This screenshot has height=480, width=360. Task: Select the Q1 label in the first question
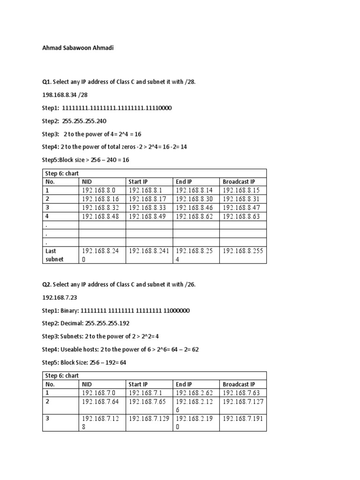[46, 82]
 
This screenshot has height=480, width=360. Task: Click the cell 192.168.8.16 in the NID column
[98, 199]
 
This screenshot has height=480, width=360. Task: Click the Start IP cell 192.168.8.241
[148, 251]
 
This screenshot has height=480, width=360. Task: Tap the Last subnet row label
[54, 255]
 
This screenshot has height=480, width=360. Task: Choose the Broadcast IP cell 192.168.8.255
[243, 251]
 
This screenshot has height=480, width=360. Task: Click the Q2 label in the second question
[46, 285]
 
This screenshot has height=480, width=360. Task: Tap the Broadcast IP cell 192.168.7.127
[243, 402]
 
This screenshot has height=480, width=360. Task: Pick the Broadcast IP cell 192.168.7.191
[243, 419]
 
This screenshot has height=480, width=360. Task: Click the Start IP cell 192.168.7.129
[148, 419]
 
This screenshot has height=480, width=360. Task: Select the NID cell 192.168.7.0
[98, 393]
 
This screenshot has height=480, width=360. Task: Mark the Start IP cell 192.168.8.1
[145, 190]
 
